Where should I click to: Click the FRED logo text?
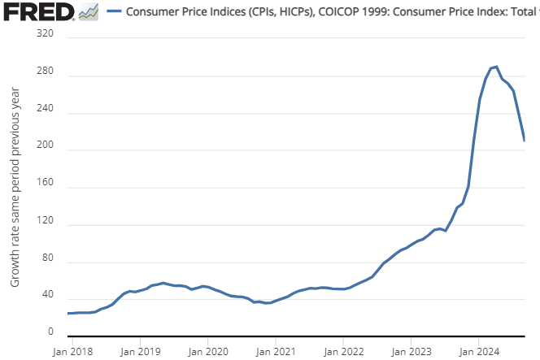(x=37, y=12)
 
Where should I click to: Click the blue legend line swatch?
(x=114, y=12)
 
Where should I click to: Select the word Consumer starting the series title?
(x=153, y=12)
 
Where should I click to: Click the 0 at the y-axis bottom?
(x=50, y=332)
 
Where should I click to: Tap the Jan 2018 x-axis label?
(x=72, y=352)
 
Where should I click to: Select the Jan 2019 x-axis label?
(x=140, y=352)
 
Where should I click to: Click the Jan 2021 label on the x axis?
(x=276, y=352)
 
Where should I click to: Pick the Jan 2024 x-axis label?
(x=478, y=352)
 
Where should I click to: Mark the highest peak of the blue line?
(x=496, y=67)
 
